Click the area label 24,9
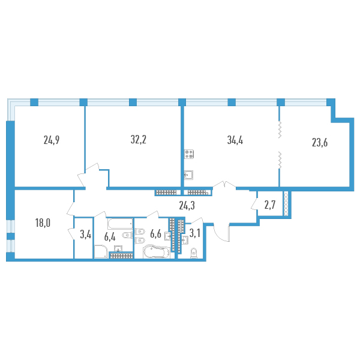(52, 140)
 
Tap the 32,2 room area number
(139, 139)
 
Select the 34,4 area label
(235, 140)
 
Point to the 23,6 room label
(320, 142)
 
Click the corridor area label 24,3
(187, 205)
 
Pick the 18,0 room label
(43, 223)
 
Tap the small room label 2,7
(270, 205)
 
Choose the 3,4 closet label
(86, 235)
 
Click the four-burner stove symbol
(189, 154)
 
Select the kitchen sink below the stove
(189, 175)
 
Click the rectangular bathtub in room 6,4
(121, 224)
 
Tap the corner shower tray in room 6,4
(101, 252)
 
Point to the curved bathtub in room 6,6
(157, 252)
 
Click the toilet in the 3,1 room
(194, 253)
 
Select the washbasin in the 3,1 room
(185, 240)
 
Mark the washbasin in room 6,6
(167, 236)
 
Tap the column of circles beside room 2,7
(286, 203)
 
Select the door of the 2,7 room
(254, 205)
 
